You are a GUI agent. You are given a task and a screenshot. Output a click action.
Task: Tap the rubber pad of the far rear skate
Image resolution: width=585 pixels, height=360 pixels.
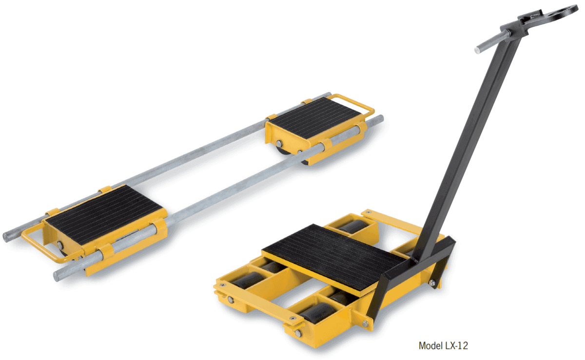point(316,117)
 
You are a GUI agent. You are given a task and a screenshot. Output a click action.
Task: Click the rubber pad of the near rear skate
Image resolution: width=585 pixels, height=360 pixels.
point(104,214)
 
